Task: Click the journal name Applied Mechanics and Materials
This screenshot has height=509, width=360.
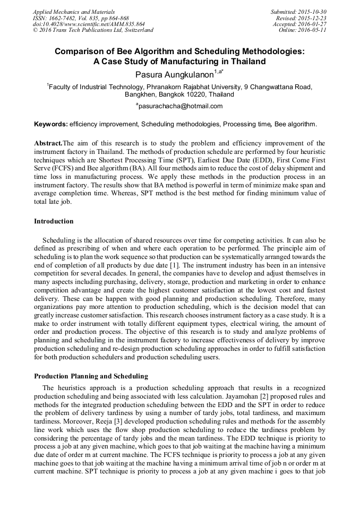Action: (x=73, y=12)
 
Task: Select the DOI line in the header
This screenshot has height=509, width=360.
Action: (x=88, y=24)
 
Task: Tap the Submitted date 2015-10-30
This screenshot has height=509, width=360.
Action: (x=313, y=12)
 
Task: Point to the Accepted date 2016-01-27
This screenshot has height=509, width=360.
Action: (x=313, y=24)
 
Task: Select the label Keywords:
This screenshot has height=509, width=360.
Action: (x=51, y=125)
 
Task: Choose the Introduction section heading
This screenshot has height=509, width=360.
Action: (x=54, y=221)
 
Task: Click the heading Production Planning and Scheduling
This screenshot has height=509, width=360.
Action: (x=91, y=376)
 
